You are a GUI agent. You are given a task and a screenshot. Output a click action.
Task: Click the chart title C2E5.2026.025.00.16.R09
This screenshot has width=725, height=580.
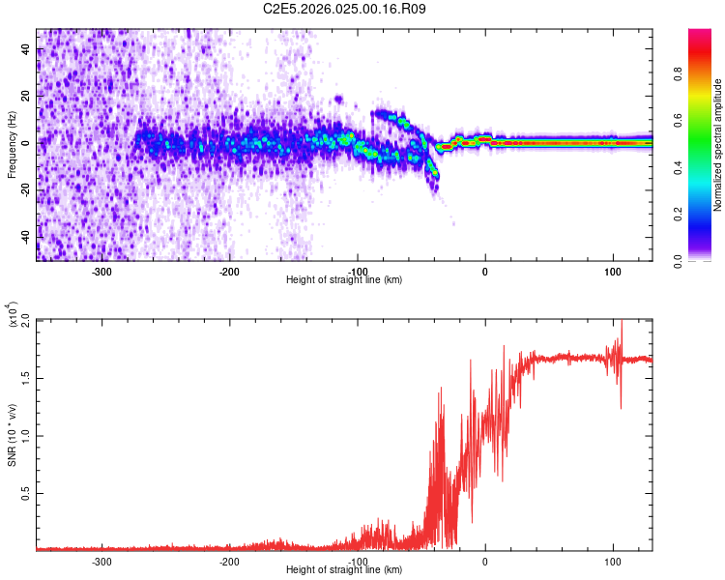(345, 9)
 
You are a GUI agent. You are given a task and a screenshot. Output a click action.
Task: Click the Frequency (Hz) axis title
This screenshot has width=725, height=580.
(13, 145)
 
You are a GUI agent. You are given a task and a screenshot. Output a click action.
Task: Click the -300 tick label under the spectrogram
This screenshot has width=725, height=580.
(101, 272)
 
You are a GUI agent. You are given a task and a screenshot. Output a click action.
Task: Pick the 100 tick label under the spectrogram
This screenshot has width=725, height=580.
(613, 272)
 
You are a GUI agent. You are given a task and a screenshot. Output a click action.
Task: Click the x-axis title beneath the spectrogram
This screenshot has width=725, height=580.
(344, 280)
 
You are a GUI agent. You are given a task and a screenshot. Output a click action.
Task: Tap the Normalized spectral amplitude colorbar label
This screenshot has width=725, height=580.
(717, 145)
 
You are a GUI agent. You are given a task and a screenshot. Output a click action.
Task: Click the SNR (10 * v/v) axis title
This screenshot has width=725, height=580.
(13, 435)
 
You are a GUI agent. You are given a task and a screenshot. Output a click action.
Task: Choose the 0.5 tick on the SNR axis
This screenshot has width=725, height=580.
(24, 492)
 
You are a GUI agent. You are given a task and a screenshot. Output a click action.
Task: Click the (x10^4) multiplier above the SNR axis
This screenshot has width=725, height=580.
(14, 314)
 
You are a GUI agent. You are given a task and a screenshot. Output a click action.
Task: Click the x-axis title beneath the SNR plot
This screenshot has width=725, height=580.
(344, 570)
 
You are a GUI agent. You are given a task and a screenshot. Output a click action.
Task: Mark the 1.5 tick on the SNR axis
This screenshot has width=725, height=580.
(24, 377)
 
